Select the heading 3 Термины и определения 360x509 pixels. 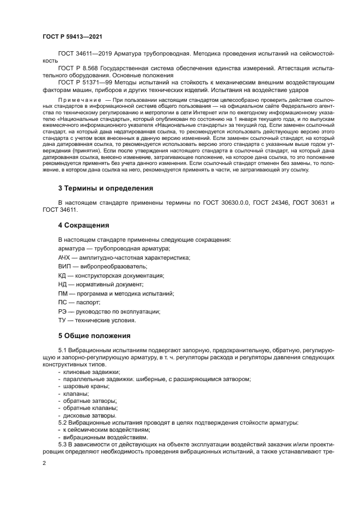[105, 188]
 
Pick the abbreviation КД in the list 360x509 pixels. [63, 276]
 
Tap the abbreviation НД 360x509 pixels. [63, 285]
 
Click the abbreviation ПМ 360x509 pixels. [63, 293]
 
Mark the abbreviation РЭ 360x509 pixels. [63, 311]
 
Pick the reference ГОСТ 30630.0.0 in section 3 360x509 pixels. [227, 203]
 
